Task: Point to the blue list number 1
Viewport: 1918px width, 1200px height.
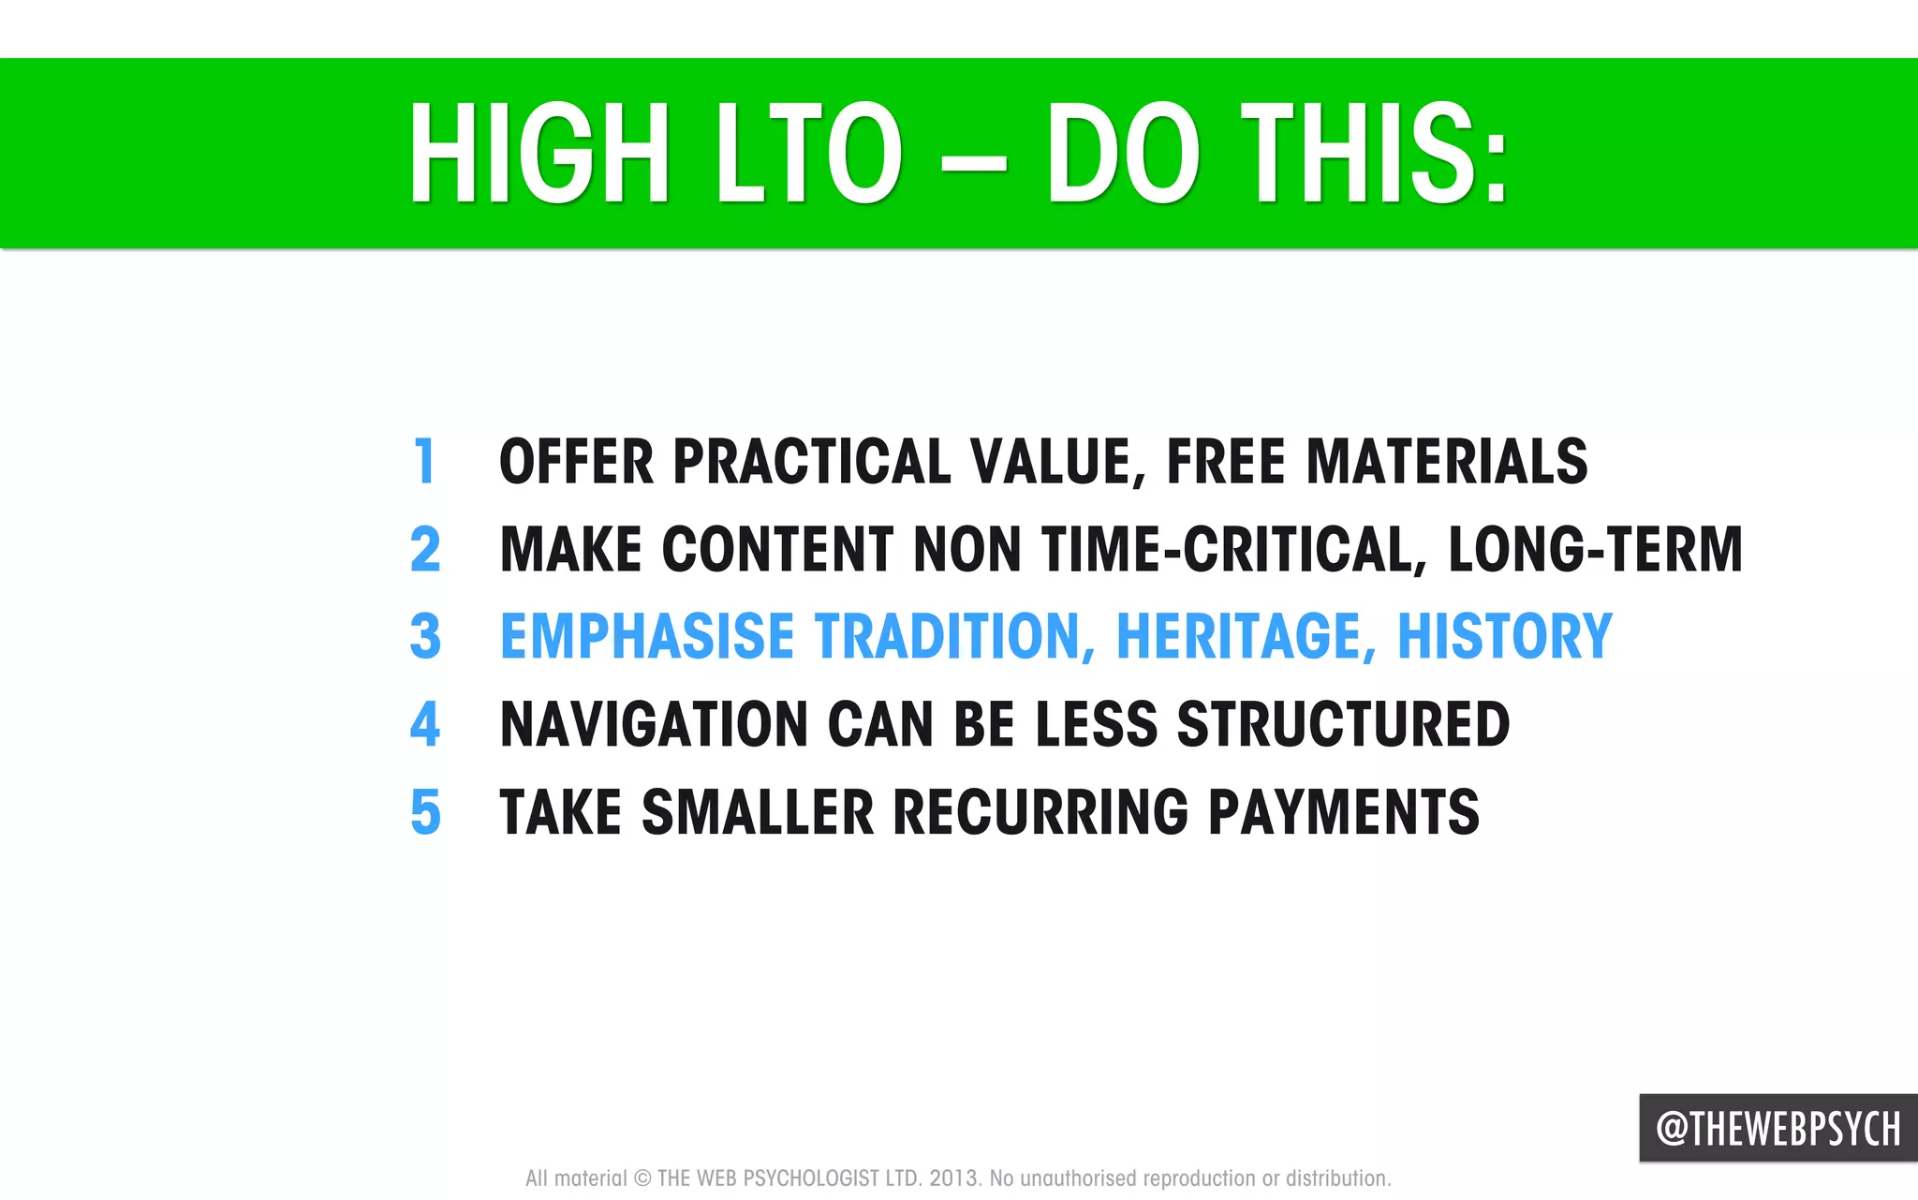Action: (x=425, y=461)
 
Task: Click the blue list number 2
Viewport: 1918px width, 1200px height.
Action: (x=425, y=549)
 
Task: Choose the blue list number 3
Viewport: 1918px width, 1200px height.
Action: (x=425, y=636)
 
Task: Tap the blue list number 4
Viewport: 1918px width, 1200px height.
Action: (x=425, y=724)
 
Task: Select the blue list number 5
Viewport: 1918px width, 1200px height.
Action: (x=425, y=811)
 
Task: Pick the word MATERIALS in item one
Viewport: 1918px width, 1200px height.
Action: (x=1446, y=461)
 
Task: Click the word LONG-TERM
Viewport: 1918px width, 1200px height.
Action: (x=1595, y=549)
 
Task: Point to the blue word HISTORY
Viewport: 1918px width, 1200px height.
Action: (x=1504, y=636)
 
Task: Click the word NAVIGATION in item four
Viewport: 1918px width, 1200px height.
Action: (x=654, y=724)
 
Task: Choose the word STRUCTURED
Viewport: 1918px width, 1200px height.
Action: (x=1343, y=724)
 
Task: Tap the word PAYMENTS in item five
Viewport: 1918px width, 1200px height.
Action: (x=1343, y=811)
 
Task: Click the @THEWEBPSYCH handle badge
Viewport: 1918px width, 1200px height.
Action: (x=1778, y=1128)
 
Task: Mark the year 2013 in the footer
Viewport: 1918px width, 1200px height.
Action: (x=953, y=1178)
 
